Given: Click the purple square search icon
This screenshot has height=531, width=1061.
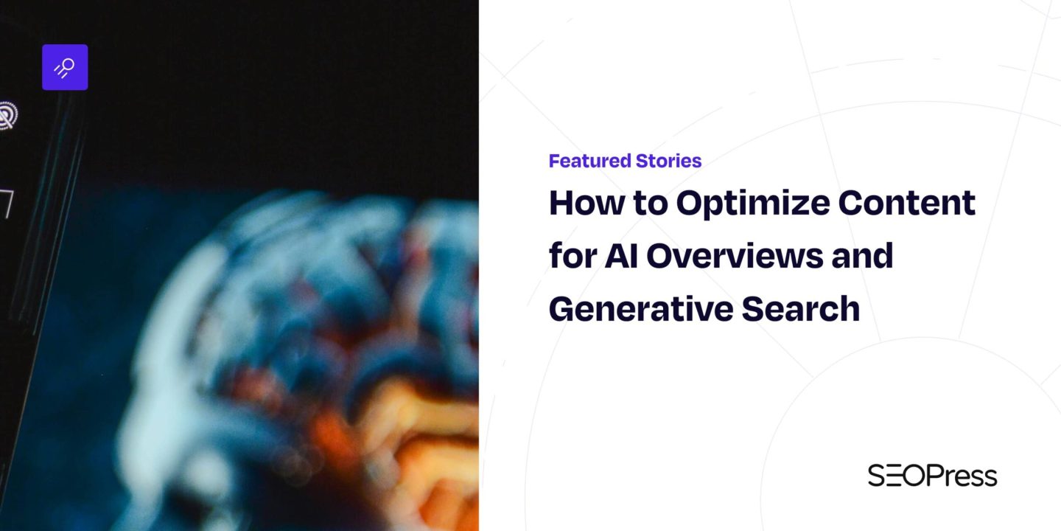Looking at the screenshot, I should (x=65, y=67).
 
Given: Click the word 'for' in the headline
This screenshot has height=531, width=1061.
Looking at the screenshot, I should (x=572, y=256).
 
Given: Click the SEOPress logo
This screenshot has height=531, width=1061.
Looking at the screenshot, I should (x=932, y=476).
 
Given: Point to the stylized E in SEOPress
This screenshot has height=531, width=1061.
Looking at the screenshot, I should (x=897, y=476).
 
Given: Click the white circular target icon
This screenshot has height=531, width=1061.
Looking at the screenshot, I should (x=6, y=116).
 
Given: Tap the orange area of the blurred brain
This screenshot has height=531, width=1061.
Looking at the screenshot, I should (x=413, y=428).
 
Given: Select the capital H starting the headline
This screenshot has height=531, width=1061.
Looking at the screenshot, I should (x=561, y=204).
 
